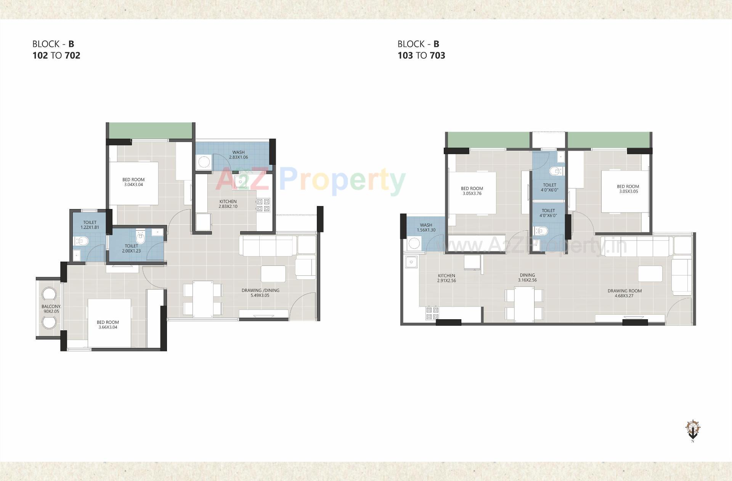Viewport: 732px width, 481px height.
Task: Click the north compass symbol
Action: click(x=693, y=430)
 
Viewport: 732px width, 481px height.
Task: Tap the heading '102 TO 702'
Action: click(x=56, y=56)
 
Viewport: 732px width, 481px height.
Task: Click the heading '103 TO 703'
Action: click(x=421, y=56)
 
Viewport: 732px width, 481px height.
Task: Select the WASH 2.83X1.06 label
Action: click(x=238, y=155)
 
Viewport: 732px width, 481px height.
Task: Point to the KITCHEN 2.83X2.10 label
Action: click(x=228, y=204)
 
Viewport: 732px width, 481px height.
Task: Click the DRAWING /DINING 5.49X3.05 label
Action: click(x=260, y=293)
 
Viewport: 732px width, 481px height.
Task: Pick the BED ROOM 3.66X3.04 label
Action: click(x=108, y=325)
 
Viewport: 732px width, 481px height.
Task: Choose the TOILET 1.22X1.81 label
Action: click(x=90, y=225)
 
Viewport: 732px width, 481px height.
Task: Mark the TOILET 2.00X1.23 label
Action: click(x=132, y=248)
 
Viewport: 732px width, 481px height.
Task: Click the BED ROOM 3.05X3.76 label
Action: click(x=472, y=191)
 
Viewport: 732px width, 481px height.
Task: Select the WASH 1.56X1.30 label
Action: click(x=426, y=227)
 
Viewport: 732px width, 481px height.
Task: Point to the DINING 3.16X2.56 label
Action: click(x=527, y=277)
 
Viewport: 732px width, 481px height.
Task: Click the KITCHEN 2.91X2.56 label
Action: click(x=446, y=278)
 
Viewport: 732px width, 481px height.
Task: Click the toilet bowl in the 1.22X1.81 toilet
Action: click(x=82, y=241)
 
